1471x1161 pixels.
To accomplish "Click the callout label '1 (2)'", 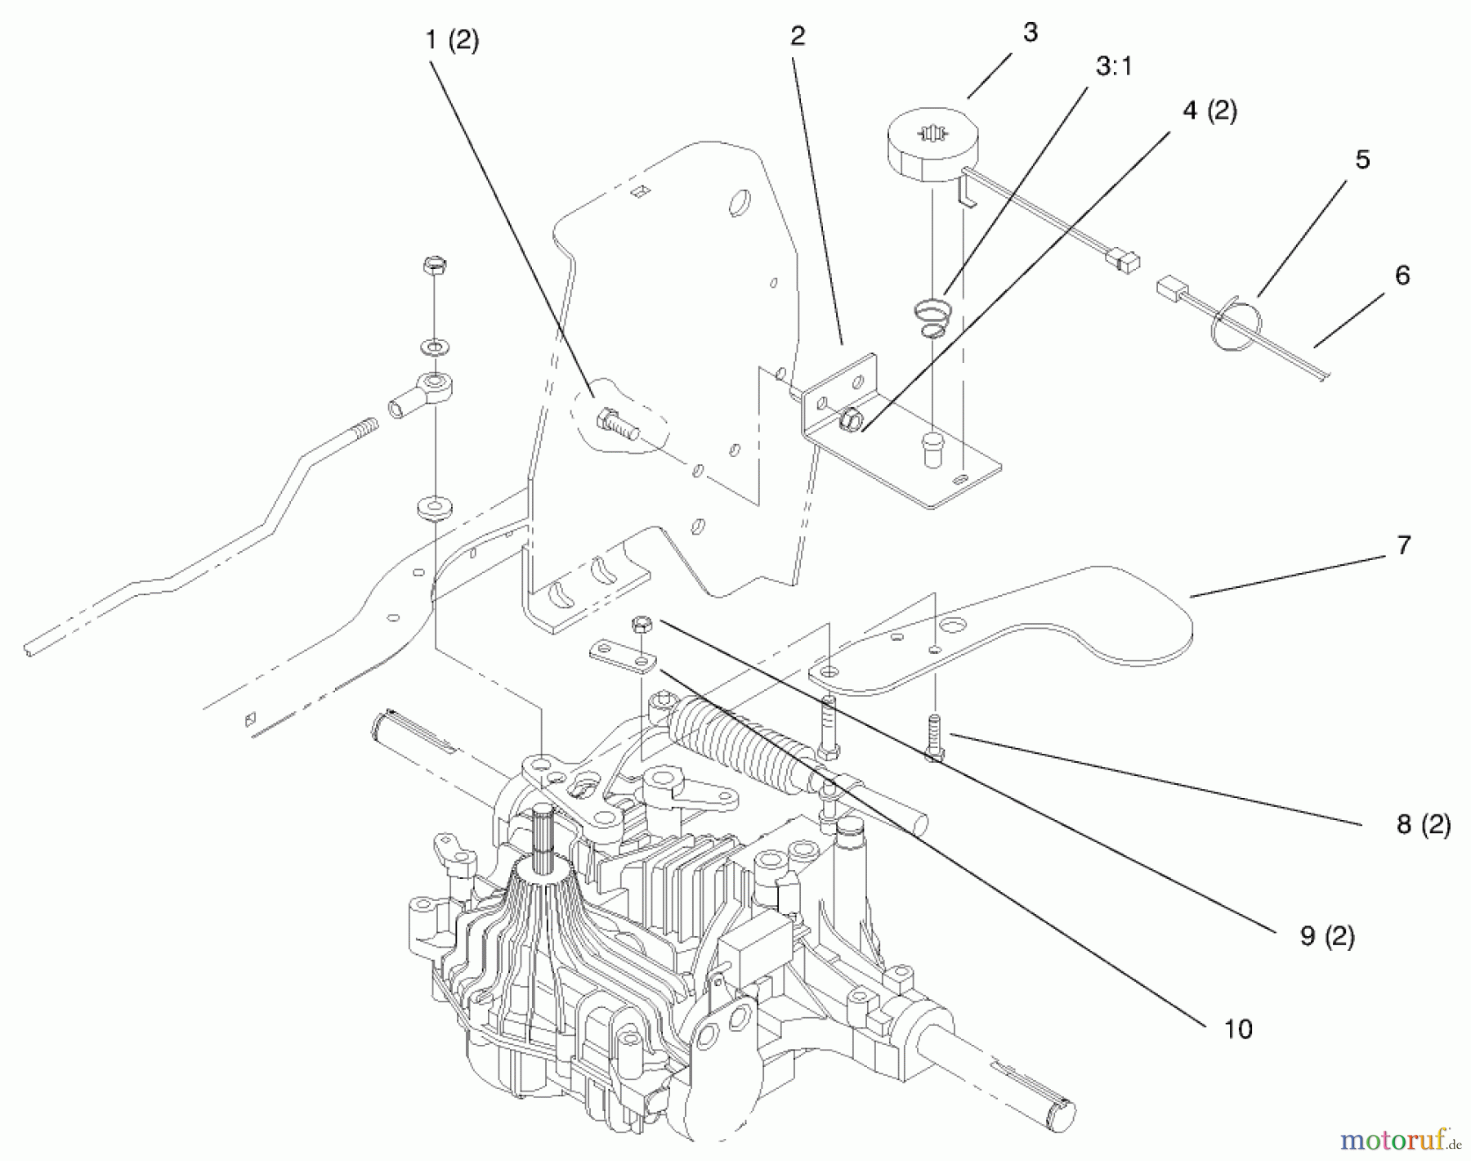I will tap(452, 41).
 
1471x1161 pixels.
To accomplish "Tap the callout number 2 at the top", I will tap(798, 36).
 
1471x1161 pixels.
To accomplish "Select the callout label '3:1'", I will tap(1114, 67).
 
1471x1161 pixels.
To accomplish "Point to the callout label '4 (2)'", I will tap(1209, 110).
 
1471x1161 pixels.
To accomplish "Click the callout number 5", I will tap(1362, 159).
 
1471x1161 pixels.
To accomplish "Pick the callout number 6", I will tap(1402, 276).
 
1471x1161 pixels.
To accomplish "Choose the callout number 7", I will tap(1404, 545).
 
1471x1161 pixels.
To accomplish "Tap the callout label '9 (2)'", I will tap(1327, 936).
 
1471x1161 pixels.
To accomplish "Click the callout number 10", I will tap(1238, 1029).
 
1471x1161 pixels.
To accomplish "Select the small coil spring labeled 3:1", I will tap(932, 318).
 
